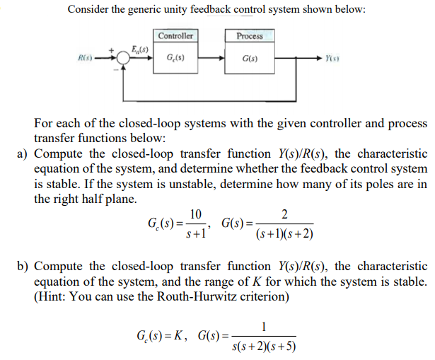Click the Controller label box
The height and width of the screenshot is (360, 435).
click(x=175, y=36)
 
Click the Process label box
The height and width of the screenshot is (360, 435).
click(x=250, y=36)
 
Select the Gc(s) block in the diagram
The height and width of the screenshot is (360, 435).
click(x=175, y=58)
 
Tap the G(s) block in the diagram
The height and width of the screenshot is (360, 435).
click(x=250, y=58)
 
